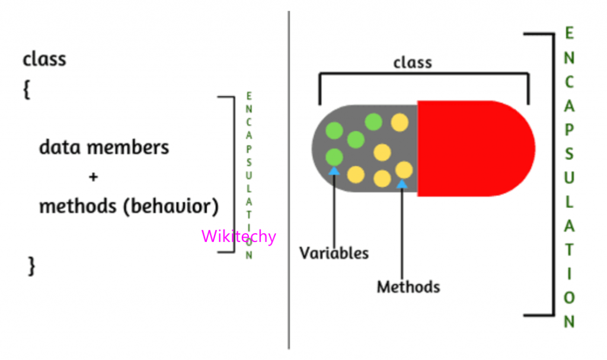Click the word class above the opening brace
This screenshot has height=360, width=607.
pyautogui.click(x=44, y=59)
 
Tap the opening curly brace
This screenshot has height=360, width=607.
pyautogui.click(x=27, y=91)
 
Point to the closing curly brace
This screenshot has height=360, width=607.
pyautogui.click(x=31, y=266)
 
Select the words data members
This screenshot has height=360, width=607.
pyautogui.click(x=104, y=147)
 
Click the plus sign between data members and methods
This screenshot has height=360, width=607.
pyautogui.click(x=92, y=177)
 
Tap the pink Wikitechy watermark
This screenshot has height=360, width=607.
pyautogui.click(x=238, y=237)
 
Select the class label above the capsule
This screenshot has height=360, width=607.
pyautogui.click(x=413, y=62)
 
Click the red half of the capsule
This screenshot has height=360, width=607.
pyautogui.click(x=474, y=148)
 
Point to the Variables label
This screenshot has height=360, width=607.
pyautogui.click(x=334, y=253)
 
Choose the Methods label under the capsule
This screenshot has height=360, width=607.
pyautogui.click(x=408, y=288)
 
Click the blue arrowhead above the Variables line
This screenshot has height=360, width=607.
pyautogui.click(x=334, y=171)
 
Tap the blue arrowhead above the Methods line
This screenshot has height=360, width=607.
pyautogui.click(x=402, y=184)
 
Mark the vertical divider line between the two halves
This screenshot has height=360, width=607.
pyautogui.click(x=289, y=178)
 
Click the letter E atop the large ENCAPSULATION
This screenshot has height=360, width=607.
pyautogui.click(x=569, y=33)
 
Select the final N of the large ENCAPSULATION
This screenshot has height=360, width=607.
pyautogui.click(x=569, y=322)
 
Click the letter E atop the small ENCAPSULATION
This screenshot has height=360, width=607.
pyautogui.click(x=249, y=96)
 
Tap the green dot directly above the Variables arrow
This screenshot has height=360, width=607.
pyautogui.click(x=334, y=157)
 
